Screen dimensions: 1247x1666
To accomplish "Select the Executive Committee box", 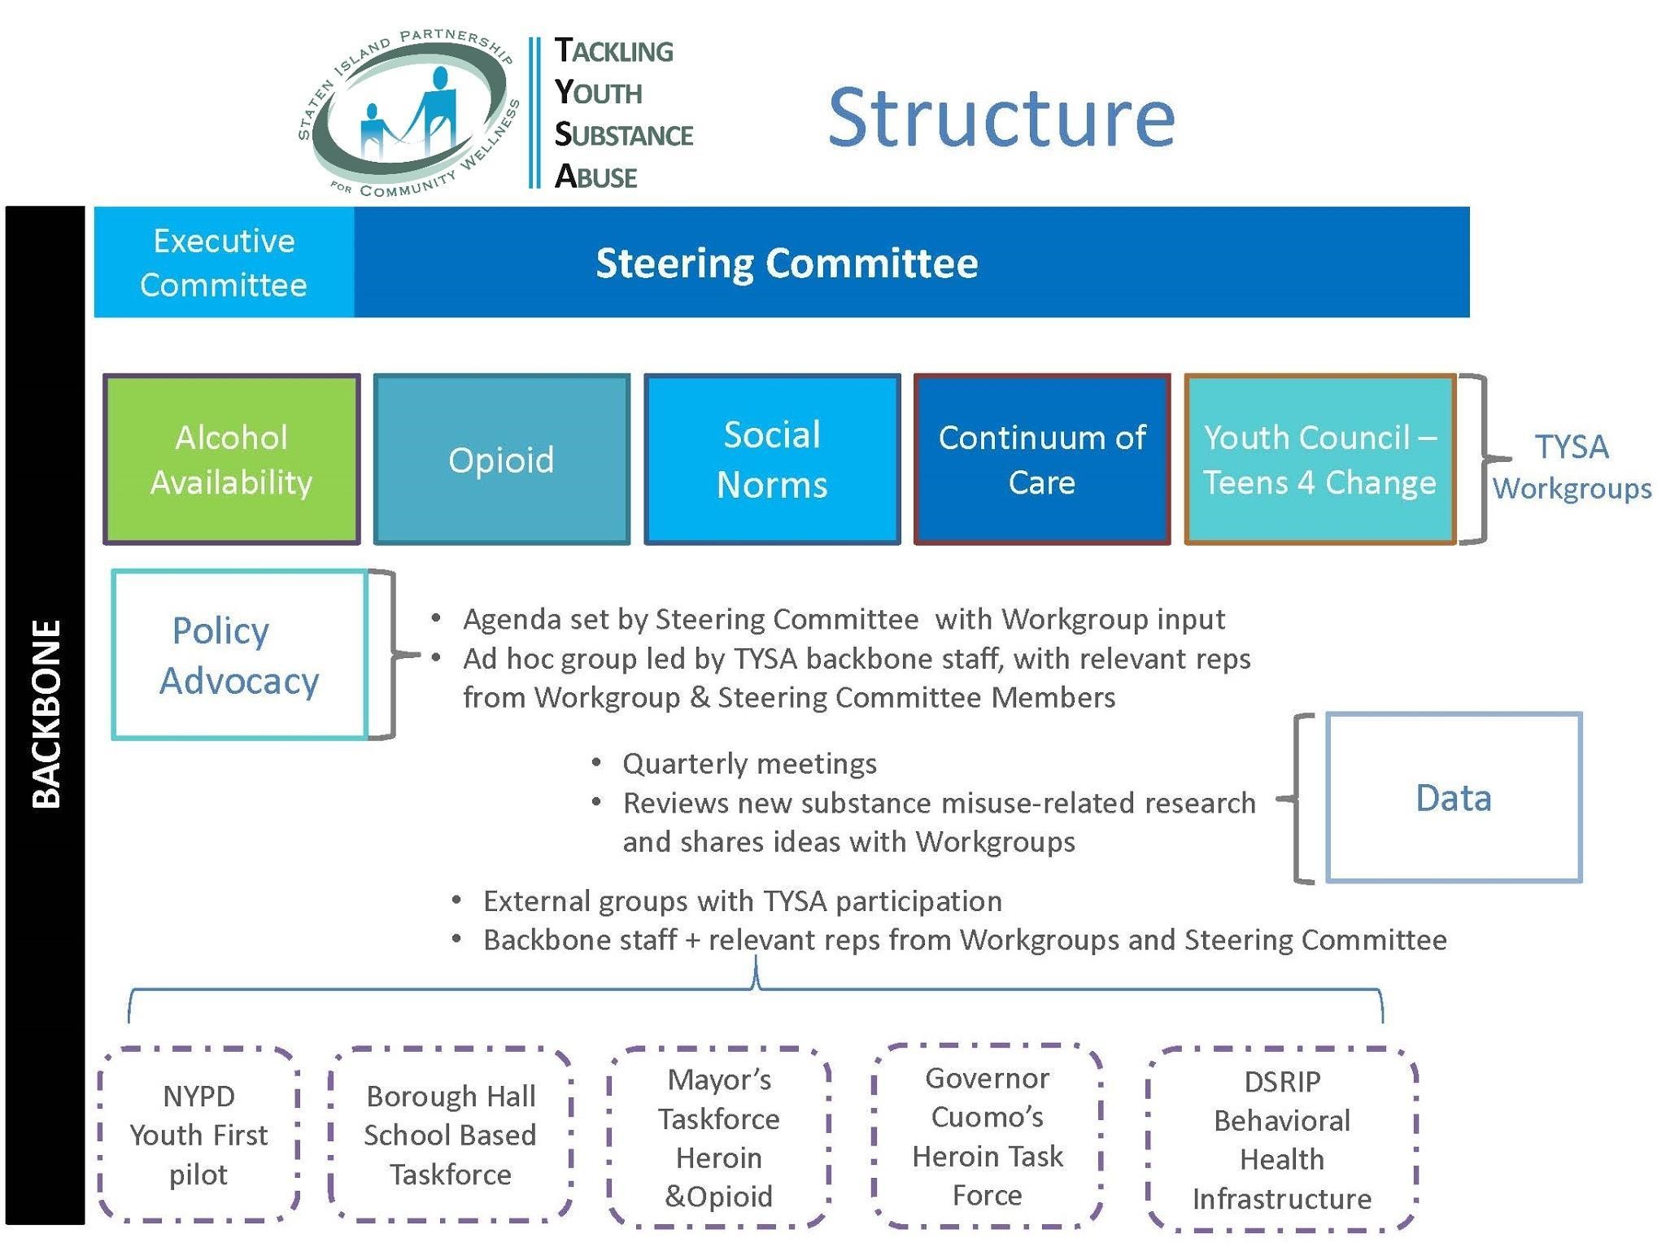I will pyautogui.click(x=224, y=262).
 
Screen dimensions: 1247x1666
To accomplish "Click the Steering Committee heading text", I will pyautogui.click(x=787, y=263).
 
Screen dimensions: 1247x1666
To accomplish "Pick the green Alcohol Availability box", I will pyautogui.click(x=232, y=460).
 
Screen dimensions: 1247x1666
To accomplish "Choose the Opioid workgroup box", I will pyautogui.click(x=501, y=460).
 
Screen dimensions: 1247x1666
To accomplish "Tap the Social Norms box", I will pyautogui.click(x=772, y=460).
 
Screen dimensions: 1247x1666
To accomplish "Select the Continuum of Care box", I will pyautogui.click(x=1042, y=460).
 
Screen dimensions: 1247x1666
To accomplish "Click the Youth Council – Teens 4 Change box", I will pyautogui.click(x=1319, y=460).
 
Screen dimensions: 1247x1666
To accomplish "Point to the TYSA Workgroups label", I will pyautogui.click(x=1572, y=467).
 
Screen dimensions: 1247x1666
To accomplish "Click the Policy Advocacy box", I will pyautogui.click(x=239, y=655).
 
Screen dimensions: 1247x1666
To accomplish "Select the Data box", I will pyautogui.click(x=1454, y=798).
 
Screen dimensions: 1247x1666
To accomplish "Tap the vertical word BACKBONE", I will pyautogui.click(x=46, y=713).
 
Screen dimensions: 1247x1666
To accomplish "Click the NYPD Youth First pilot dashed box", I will pyautogui.click(x=198, y=1135).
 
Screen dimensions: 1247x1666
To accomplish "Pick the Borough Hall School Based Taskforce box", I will pyautogui.click(x=450, y=1135).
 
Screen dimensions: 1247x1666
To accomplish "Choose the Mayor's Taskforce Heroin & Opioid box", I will pyautogui.click(x=719, y=1137).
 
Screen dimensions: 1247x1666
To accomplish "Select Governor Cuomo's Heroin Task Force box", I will pyautogui.click(x=988, y=1136).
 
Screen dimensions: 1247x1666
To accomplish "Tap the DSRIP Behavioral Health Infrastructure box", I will pyautogui.click(x=1282, y=1139).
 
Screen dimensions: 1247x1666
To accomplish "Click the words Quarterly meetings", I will pyautogui.click(x=749, y=764).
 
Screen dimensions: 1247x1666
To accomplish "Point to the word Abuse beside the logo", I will pyautogui.click(x=596, y=177).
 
